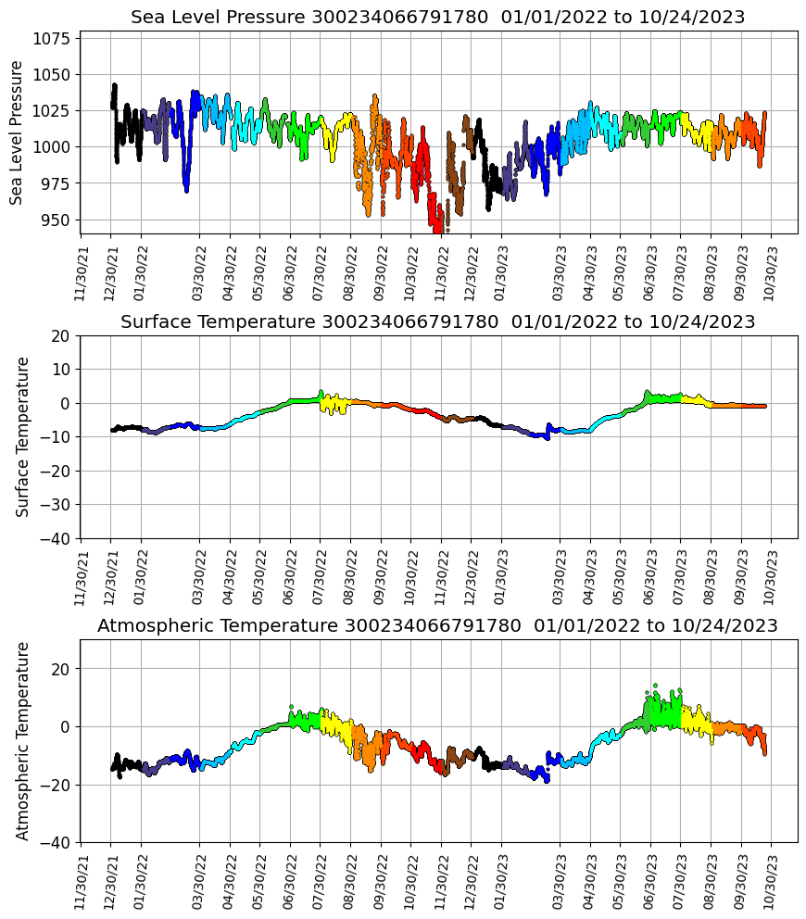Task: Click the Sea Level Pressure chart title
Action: click(x=437, y=17)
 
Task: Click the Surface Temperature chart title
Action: click(x=437, y=321)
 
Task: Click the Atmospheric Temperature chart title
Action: click(x=437, y=625)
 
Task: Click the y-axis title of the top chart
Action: click(x=17, y=132)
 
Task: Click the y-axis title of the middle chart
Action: click(x=23, y=436)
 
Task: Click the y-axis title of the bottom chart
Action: click(x=23, y=740)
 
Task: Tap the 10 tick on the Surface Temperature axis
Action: click(x=61, y=369)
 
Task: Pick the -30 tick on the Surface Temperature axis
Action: click(x=57, y=504)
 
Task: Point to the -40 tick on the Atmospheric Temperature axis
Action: click(x=57, y=842)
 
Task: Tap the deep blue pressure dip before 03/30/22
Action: click(x=186, y=189)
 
